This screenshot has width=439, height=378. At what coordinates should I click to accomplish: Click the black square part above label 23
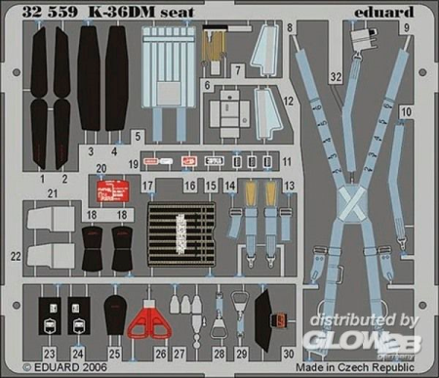pos(50,314)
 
